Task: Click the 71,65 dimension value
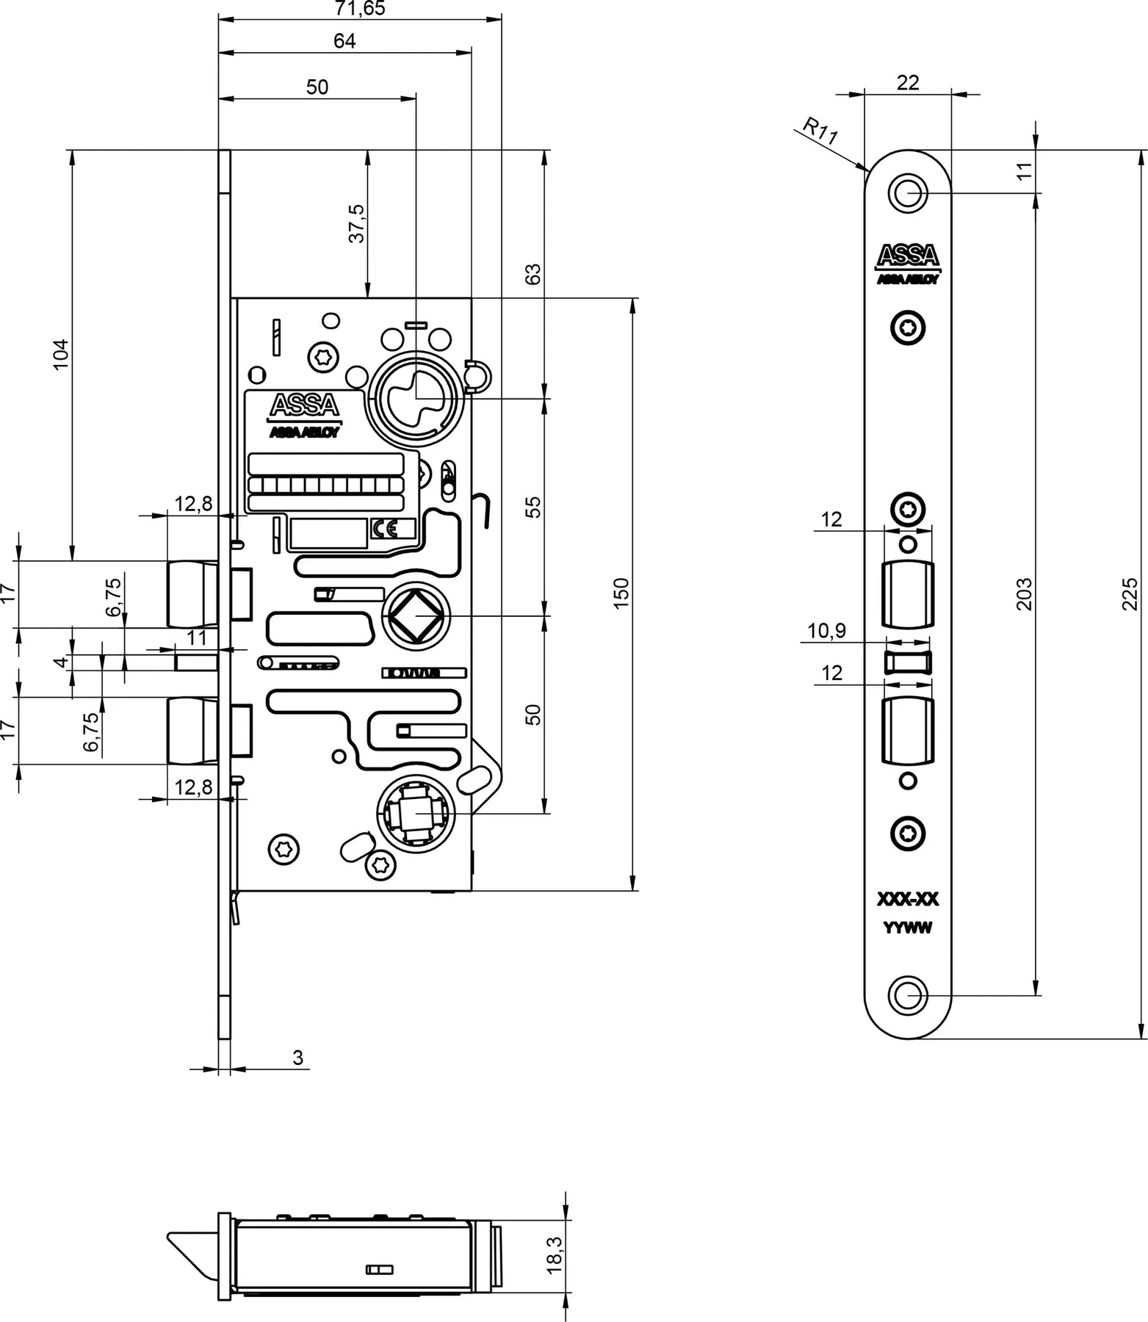tap(360, 9)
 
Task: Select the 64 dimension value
tap(344, 41)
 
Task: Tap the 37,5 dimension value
tap(356, 223)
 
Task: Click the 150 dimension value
tap(621, 593)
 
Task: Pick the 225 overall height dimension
tap(1131, 593)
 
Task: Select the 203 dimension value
tap(1024, 593)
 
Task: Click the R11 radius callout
tap(820, 131)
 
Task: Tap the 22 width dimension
tap(908, 82)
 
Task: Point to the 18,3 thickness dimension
tap(555, 1254)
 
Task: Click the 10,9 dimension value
tap(826, 631)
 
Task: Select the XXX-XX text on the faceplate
tap(908, 900)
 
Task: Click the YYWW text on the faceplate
tap(908, 928)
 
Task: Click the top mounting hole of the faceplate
tap(908, 194)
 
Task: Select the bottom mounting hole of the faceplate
tap(908, 996)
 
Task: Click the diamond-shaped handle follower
tap(415, 616)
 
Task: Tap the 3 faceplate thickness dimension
tap(297, 1058)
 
